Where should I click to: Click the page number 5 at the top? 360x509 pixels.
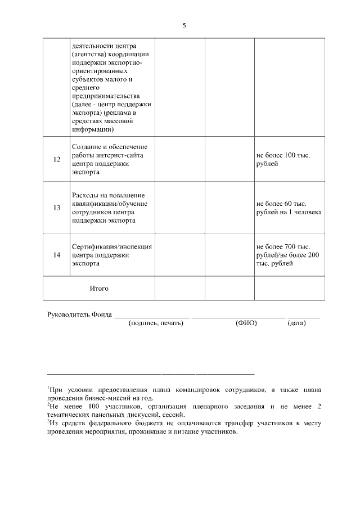click(184, 26)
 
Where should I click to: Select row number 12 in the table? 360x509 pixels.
click(57, 159)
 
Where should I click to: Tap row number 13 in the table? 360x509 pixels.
click(57, 208)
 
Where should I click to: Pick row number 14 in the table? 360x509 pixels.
click(57, 255)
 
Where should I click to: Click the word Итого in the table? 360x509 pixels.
click(99, 289)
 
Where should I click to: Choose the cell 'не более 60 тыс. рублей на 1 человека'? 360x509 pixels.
click(289, 208)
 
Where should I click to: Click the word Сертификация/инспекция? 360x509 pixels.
click(112, 246)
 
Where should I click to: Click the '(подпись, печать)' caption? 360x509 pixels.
click(156, 323)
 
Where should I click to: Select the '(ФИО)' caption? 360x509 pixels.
click(246, 323)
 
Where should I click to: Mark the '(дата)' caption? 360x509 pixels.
click(296, 323)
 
